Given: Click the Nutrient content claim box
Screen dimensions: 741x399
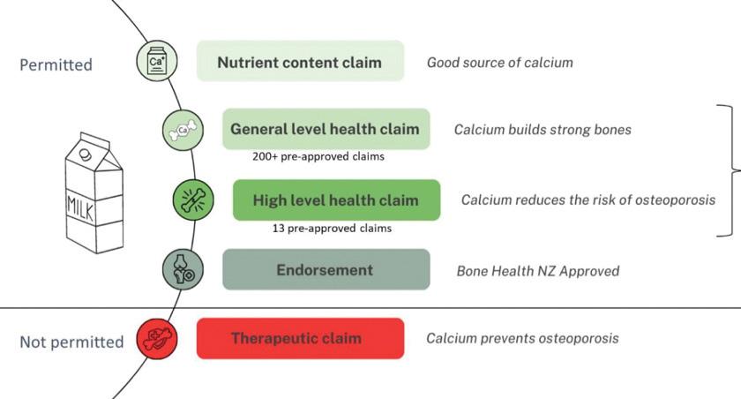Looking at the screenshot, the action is [x=300, y=61].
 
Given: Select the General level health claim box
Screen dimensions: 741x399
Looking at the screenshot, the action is [x=326, y=129].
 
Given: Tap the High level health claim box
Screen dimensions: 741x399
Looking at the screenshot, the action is [x=336, y=200].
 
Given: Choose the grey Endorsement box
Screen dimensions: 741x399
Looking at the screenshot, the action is [x=326, y=269].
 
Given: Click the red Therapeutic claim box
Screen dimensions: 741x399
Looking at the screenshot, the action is [x=300, y=338].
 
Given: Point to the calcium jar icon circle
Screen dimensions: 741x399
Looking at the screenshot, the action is [x=157, y=61].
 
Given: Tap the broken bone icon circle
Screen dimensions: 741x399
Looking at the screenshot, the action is [x=193, y=200].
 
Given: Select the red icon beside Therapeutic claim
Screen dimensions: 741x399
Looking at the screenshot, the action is [x=157, y=338].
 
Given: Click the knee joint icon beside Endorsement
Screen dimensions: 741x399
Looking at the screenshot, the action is [x=183, y=269].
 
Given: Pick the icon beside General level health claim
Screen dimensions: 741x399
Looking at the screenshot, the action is [x=183, y=130].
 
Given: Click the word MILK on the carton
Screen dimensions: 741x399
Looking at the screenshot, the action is [x=81, y=207].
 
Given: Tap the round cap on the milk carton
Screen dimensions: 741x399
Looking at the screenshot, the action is [x=85, y=154].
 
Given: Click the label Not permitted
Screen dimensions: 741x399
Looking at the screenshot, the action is [x=71, y=342].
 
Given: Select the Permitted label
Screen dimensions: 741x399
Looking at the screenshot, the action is [x=56, y=64].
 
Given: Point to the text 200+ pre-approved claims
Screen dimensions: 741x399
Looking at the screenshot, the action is [x=318, y=156].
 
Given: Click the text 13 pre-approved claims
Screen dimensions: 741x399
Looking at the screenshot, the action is [x=332, y=229].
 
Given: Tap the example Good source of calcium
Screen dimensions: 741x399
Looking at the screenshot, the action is [x=500, y=63].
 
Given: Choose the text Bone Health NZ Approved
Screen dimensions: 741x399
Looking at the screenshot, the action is [x=538, y=271].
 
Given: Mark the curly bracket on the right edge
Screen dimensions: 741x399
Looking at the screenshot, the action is [x=733, y=170].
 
